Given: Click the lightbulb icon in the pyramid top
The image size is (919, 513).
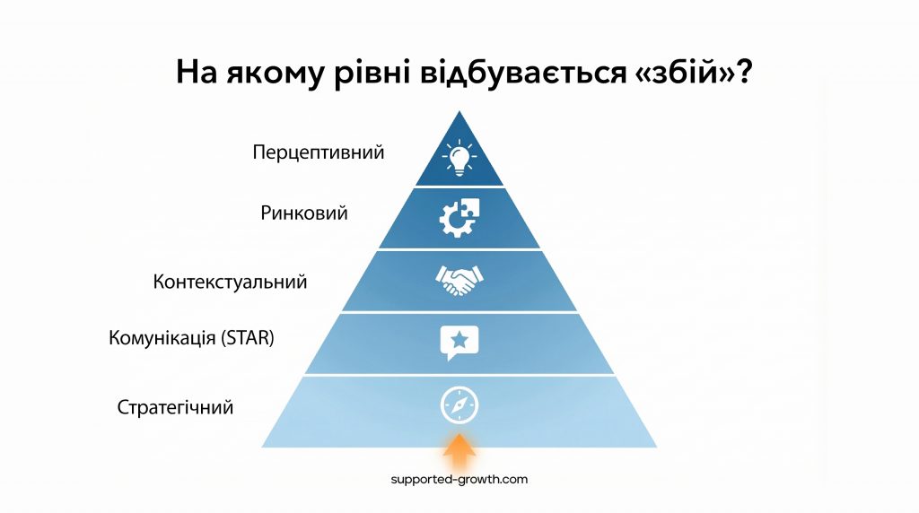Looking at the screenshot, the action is (x=459, y=158).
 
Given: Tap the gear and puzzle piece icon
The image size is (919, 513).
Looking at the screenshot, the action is (x=459, y=217).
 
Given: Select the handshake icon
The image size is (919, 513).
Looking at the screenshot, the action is (x=459, y=280).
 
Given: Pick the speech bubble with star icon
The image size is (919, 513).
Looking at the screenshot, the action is (x=459, y=343).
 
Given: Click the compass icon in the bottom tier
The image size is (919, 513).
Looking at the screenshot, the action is (x=459, y=404).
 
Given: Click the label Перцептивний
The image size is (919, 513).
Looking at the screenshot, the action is (x=319, y=152).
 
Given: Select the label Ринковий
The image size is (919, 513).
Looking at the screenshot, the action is (x=303, y=213).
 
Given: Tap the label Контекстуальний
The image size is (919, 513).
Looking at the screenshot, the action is (x=230, y=282).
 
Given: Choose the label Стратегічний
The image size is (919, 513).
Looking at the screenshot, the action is (x=175, y=407).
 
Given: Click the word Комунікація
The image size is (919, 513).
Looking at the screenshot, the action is (x=162, y=338).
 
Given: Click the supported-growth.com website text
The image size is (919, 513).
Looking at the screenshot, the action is (x=459, y=479).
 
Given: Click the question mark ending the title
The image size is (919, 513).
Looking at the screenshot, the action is (x=743, y=72).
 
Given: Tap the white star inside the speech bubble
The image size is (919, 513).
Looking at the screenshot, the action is (x=459, y=340).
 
